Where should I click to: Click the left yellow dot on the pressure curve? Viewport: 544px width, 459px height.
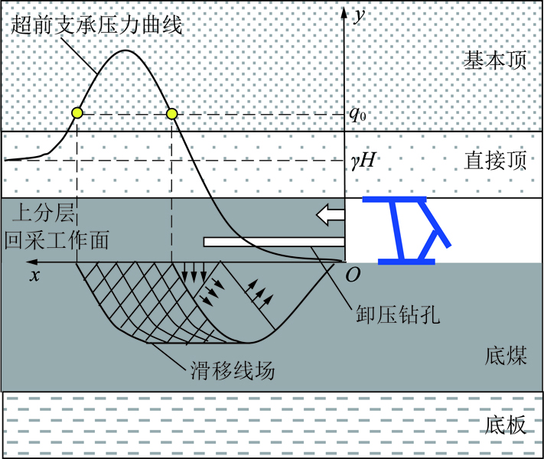pyautogui.click(x=77, y=113)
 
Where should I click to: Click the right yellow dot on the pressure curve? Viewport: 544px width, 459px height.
pyautogui.click(x=171, y=113)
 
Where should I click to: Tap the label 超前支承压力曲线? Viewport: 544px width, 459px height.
pyautogui.click(x=96, y=25)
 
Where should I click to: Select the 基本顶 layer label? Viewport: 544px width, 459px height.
pyautogui.click(x=495, y=60)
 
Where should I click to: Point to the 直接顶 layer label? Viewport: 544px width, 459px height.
pyautogui.click(x=495, y=160)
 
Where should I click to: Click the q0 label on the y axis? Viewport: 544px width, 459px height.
pyautogui.click(x=358, y=114)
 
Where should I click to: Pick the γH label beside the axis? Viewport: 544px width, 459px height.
pyautogui.click(x=363, y=161)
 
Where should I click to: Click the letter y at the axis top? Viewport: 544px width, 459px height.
pyautogui.click(x=359, y=16)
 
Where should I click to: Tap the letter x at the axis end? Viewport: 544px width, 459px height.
pyautogui.click(x=34, y=275)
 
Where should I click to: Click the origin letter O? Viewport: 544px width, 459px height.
pyautogui.click(x=353, y=275)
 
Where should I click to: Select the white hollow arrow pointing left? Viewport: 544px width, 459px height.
pyautogui.click(x=331, y=214)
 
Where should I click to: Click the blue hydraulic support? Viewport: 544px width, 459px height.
pyautogui.click(x=406, y=230)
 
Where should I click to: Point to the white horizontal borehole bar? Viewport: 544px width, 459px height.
pyautogui.click(x=274, y=242)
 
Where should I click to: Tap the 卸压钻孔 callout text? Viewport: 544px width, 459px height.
pyautogui.click(x=398, y=314)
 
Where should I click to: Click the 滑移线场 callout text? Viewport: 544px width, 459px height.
pyautogui.click(x=233, y=369)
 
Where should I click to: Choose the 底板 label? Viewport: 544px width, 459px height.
pyautogui.click(x=506, y=425)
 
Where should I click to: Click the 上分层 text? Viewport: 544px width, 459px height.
pyautogui.click(x=44, y=213)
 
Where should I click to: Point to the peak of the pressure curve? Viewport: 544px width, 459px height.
pyautogui.click(x=125, y=50)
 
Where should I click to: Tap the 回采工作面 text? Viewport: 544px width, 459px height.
pyautogui.click(x=56, y=239)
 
